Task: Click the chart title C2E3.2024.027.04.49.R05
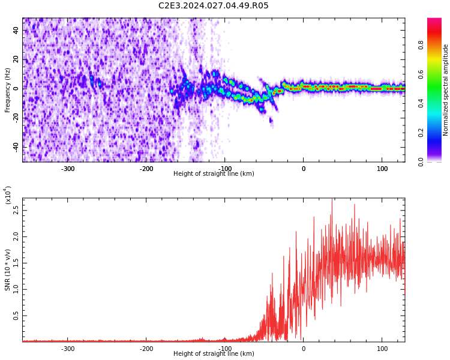214,6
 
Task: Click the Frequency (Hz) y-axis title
8,90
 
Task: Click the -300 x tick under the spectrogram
68,169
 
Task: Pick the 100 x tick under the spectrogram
382,169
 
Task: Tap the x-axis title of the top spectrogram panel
214,174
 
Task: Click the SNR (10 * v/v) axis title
8,270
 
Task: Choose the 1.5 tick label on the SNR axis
17,263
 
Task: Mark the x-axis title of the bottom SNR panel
214,354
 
